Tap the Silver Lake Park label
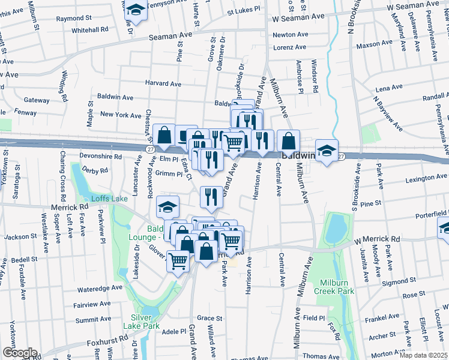point(143,322)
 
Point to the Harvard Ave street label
point(162,84)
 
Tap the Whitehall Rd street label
point(89,29)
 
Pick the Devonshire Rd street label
point(100,156)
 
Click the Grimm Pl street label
point(168,174)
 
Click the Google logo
point(20,353)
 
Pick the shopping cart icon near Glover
point(178,260)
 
